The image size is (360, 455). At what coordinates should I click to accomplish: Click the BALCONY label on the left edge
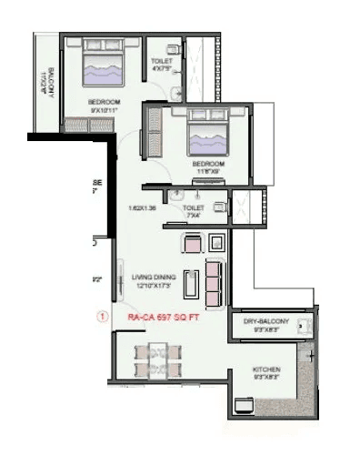(43, 85)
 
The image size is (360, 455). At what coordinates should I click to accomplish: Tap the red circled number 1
(102, 317)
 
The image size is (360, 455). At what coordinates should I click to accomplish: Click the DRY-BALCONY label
(265, 323)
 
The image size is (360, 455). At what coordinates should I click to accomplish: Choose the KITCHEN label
(266, 369)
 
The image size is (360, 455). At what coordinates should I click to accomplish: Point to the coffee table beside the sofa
(190, 284)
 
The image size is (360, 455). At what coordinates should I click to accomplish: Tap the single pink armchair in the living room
(193, 243)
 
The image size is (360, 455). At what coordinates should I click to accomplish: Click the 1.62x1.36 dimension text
(143, 207)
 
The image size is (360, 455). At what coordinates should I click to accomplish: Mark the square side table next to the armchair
(216, 242)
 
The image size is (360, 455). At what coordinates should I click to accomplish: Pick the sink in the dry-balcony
(304, 341)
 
